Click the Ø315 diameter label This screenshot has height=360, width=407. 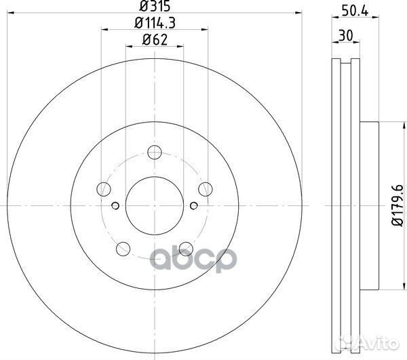click(153, 8)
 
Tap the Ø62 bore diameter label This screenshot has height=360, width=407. click(155, 40)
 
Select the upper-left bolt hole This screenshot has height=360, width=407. click(103, 189)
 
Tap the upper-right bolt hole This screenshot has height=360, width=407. click(205, 189)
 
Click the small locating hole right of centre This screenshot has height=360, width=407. click(194, 206)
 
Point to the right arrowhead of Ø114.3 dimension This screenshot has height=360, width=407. click(204, 30)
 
